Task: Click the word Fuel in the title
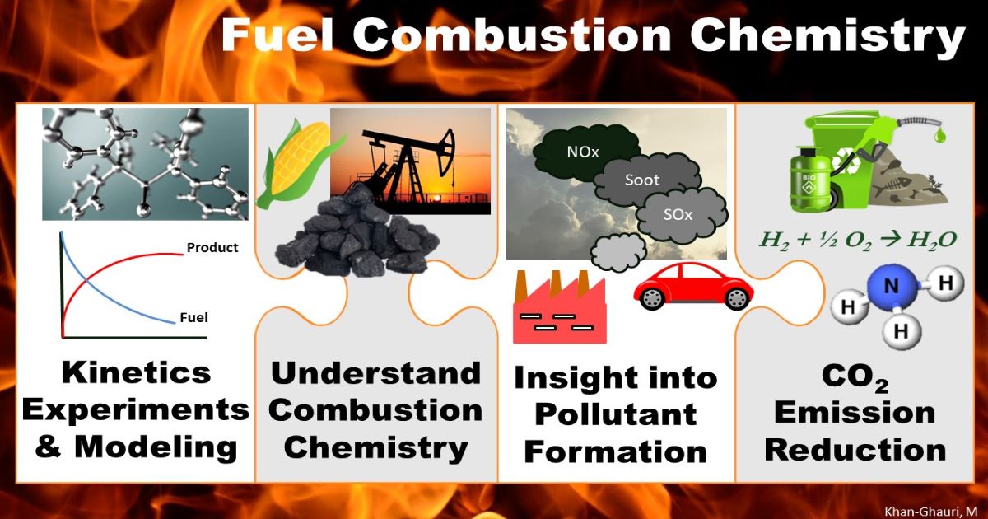[280, 37]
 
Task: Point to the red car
[693, 288]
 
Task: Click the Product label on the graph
[212, 247]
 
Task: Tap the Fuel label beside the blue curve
[194, 318]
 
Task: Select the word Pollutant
[617, 415]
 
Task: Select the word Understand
[376, 373]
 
